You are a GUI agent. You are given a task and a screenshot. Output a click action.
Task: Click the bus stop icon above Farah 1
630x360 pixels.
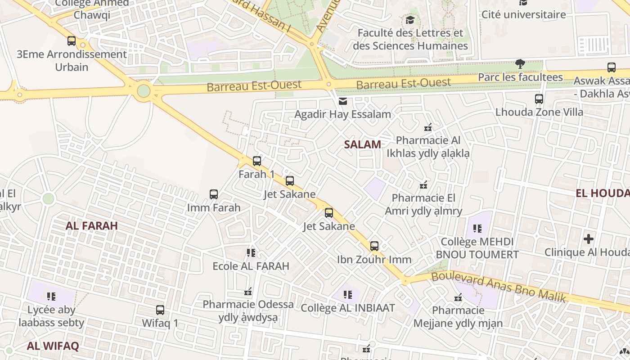tap(256, 161)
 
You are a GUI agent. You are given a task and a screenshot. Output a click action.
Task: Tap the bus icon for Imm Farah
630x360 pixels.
tap(214, 194)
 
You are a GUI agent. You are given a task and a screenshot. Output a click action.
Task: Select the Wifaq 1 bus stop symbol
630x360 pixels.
tap(160, 310)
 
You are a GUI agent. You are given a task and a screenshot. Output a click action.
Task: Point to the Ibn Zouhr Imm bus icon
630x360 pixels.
tap(374, 246)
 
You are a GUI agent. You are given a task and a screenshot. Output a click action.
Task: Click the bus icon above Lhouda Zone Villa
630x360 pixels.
tap(539, 99)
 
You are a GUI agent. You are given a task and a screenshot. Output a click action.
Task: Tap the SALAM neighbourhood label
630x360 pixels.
tap(362, 144)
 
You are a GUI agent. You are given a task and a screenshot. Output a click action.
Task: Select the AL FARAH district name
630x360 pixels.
tap(92, 226)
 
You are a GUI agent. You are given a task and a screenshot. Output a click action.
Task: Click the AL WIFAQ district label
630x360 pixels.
tap(53, 346)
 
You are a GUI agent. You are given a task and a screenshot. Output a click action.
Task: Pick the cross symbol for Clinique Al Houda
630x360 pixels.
tap(588, 238)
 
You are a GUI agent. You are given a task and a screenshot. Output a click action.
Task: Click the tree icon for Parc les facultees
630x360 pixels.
tap(520, 63)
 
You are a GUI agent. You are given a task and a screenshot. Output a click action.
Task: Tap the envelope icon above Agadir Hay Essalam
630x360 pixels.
tap(343, 101)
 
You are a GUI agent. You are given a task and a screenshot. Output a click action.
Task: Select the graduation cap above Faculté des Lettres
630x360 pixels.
tap(410, 20)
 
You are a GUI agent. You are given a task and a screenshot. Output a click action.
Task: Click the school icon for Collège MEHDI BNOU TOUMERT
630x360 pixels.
tap(477, 228)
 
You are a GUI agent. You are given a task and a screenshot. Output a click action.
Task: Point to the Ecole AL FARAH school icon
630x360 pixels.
tap(251, 253)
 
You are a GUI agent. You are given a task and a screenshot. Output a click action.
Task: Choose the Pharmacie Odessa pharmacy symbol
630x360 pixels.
tap(247, 292)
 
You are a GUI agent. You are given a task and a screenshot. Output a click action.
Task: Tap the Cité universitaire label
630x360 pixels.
tap(523, 14)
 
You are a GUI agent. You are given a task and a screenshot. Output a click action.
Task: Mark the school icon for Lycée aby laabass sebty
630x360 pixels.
tap(51, 297)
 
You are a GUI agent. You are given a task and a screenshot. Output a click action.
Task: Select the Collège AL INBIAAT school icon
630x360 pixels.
tap(347, 295)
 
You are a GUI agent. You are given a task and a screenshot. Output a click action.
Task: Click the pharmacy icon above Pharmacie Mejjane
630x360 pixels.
tap(458, 297)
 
